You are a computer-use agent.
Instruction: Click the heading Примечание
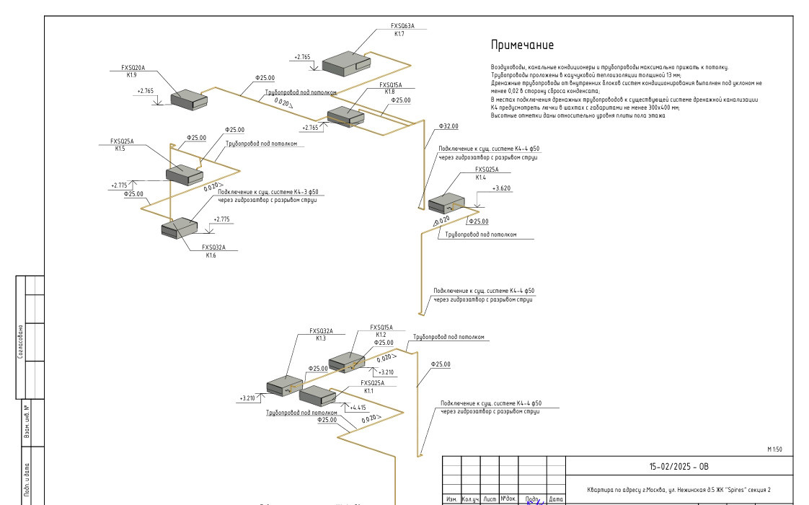[x=522, y=45]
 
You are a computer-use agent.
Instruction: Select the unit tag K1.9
[x=132, y=75]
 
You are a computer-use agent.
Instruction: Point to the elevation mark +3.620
[x=501, y=188]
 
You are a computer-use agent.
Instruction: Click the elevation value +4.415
[x=358, y=408]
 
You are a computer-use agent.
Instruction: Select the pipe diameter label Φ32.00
[x=448, y=126]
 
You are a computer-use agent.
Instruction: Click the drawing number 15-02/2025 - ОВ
[x=679, y=466]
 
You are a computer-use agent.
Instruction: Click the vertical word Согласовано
[x=22, y=342]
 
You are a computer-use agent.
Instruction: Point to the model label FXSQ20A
[x=133, y=68]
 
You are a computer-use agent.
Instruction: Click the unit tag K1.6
[x=211, y=255]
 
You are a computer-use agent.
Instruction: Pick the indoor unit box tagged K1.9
[x=188, y=100]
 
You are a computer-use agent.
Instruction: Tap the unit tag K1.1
[x=368, y=390]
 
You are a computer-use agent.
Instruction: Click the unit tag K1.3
[x=321, y=338]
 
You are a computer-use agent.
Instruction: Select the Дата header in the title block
[x=555, y=499]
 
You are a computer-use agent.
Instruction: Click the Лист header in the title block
[x=490, y=499]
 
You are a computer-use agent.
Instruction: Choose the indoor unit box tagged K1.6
[x=179, y=227]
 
